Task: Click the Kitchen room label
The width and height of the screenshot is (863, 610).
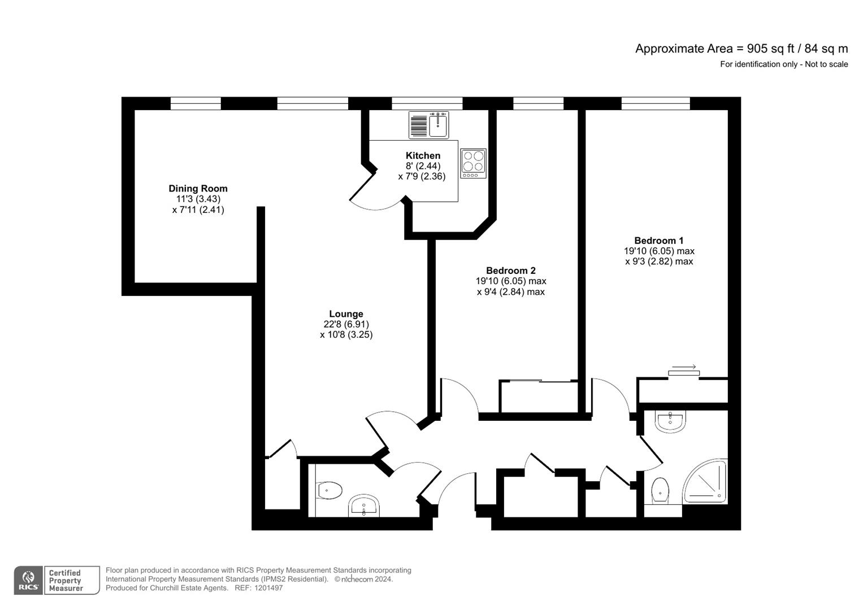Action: coord(423,156)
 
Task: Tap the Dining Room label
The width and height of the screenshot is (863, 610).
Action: coord(198,189)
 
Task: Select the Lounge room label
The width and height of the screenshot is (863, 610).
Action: coord(346,314)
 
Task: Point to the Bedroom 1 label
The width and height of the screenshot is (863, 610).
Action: coord(658,241)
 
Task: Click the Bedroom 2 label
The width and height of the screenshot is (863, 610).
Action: coord(510,271)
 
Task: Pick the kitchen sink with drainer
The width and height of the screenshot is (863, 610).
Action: coord(428,125)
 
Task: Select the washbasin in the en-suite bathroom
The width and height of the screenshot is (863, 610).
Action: coord(670,421)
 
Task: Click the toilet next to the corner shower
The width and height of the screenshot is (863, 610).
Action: coord(660,490)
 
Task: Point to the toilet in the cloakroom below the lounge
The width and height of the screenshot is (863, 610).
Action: coord(329,490)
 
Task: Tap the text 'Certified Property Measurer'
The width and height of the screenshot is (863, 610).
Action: coord(65,581)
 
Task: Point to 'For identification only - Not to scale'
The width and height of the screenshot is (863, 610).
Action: coord(783,64)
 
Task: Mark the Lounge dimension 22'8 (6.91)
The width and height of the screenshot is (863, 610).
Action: coord(346,324)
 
